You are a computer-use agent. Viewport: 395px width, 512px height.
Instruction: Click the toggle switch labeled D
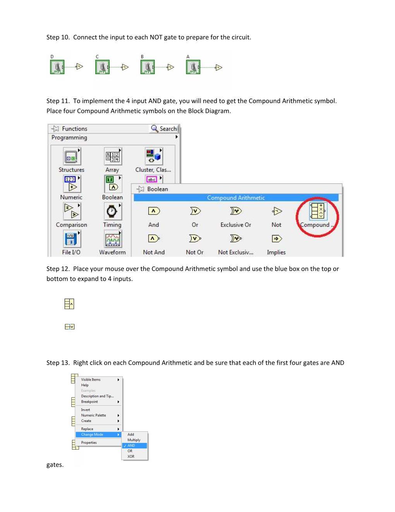[57, 67]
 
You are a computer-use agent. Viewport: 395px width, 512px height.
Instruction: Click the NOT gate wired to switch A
[219, 67]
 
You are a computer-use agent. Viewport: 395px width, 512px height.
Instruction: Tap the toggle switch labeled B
[148, 67]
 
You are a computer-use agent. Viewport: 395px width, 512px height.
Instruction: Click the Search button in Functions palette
[164, 129]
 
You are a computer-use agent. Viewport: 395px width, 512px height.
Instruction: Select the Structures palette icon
[72, 157]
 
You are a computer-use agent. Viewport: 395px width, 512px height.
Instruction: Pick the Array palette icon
[113, 157]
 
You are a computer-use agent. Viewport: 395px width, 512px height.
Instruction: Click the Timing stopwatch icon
[112, 211]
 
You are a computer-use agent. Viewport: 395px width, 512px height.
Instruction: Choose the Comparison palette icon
[72, 211]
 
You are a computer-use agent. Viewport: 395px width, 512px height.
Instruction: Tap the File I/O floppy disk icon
[72, 239]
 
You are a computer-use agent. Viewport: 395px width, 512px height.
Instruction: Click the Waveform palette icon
[113, 239]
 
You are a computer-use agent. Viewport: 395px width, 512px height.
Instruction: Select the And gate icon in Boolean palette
[154, 211]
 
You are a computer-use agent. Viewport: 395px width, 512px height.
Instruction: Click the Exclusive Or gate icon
[235, 211]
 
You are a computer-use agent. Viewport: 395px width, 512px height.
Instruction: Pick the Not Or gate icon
[195, 239]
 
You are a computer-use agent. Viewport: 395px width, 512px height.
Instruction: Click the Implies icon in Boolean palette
[276, 239]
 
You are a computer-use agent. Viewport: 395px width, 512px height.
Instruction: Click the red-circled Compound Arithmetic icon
[317, 211]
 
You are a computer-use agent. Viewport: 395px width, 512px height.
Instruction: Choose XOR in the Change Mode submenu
[131, 457]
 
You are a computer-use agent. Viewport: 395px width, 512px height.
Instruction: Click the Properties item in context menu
[89, 443]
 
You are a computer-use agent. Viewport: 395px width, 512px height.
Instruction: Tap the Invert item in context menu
[86, 410]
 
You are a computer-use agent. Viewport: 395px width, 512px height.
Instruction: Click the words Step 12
[58, 269]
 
